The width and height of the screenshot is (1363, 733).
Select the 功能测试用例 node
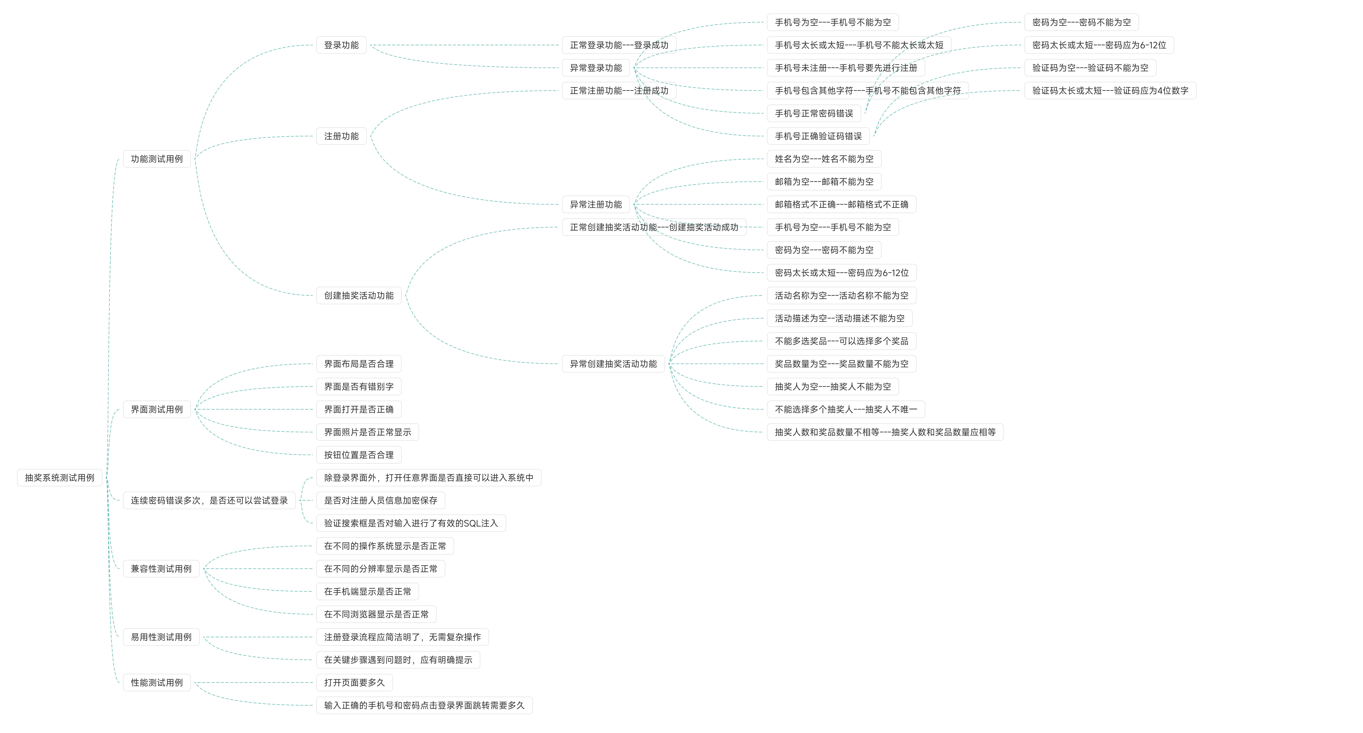tap(157, 159)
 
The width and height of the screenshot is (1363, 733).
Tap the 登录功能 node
tap(341, 45)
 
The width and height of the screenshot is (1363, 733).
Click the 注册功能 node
tap(341, 136)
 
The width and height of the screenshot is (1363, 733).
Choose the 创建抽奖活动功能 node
tap(359, 295)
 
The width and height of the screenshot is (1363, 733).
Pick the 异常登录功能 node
tap(596, 68)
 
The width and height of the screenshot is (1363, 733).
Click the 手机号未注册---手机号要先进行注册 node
tap(845, 68)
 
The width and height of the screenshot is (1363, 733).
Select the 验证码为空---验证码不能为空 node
tap(1090, 68)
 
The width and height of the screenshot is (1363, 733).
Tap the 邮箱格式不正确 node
tap(841, 204)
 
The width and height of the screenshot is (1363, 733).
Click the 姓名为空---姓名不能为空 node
tap(824, 159)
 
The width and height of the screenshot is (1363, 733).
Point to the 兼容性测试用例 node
tap(161, 568)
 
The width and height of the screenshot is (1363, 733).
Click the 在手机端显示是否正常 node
tap(367, 591)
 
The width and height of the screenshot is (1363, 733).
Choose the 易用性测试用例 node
tap(161, 637)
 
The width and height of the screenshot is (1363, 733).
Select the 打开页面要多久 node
tap(354, 682)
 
